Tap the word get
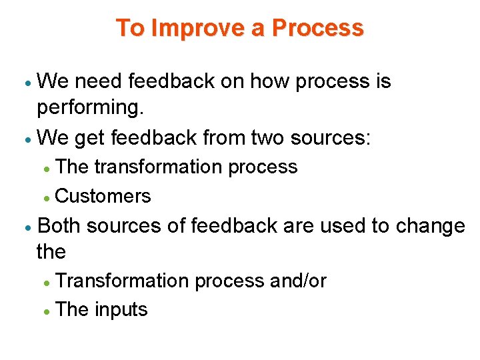coord(90,139)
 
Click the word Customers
coord(103,196)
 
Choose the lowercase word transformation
coord(159,167)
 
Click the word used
coord(343,226)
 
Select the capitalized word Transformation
coord(123,281)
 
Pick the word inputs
coord(121,309)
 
